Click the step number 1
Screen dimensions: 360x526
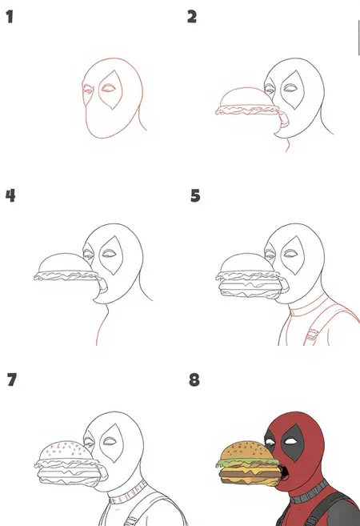pyautogui.click(x=10, y=17)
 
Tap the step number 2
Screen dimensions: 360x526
pyautogui.click(x=192, y=17)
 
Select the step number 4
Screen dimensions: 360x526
pyautogui.click(x=10, y=195)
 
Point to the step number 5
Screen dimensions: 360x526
pyautogui.click(x=195, y=195)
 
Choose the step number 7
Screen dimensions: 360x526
pyautogui.click(x=12, y=379)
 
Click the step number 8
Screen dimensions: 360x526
pyautogui.click(x=194, y=379)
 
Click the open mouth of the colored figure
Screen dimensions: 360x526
pyautogui.click(x=283, y=473)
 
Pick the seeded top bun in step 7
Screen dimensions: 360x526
pyautogui.click(x=65, y=452)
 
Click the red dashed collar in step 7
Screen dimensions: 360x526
pyautogui.click(x=128, y=493)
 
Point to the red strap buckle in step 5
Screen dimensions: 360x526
pyautogui.click(x=313, y=335)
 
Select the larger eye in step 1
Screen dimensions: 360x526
pyautogui.click(x=108, y=89)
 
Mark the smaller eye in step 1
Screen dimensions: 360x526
pyautogui.click(x=88, y=90)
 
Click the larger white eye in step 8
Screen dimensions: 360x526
pyautogui.click(x=290, y=441)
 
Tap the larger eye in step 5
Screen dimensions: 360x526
pyautogui.click(x=290, y=254)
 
